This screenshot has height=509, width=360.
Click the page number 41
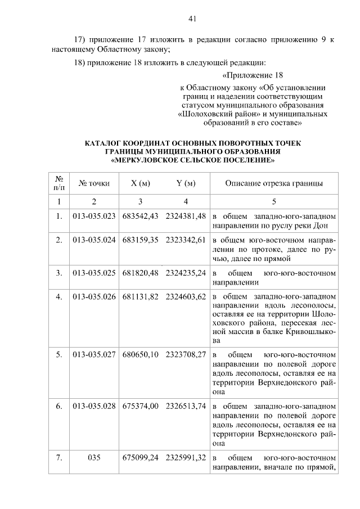pyautogui.click(x=192, y=19)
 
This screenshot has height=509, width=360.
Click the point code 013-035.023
pyautogui.click(x=94, y=217)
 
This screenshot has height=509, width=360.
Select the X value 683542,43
pyautogui.click(x=140, y=217)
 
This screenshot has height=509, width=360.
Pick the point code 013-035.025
pyautogui.click(x=94, y=273)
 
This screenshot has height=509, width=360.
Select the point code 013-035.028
pyautogui.click(x=94, y=406)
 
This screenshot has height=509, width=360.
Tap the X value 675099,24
pyautogui.click(x=140, y=457)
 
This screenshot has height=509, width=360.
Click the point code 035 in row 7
pyautogui.click(x=94, y=457)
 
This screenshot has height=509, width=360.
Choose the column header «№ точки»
pyautogui.click(x=94, y=183)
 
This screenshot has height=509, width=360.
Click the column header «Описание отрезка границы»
pyautogui.click(x=274, y=183)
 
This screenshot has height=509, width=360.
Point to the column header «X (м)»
pyautogui.click(x=140, y=183)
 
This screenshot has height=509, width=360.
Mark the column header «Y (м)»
pyautogui.click(x=186, y=183)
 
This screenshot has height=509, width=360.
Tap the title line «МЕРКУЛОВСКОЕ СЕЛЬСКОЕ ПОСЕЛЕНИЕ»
pyautogui.click(x=193, y=160)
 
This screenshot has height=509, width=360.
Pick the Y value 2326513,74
pyautogui.click(x=186, y=406)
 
